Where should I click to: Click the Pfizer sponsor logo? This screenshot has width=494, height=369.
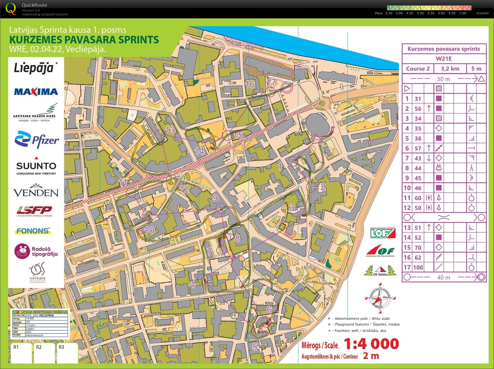36,139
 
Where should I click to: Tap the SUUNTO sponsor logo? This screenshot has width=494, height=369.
36,166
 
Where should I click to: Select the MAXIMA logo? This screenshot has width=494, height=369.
36,92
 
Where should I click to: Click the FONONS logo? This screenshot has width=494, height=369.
33,231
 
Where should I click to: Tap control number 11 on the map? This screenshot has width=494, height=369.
131,191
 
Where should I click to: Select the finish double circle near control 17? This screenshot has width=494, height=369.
287,88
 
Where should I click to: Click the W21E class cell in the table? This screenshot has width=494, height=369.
444,59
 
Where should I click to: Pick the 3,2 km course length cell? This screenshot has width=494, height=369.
450,69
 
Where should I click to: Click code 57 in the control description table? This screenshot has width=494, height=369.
418,148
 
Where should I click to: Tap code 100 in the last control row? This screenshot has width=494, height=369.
418,267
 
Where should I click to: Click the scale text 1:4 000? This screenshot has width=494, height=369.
371,344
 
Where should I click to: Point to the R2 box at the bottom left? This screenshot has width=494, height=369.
44,353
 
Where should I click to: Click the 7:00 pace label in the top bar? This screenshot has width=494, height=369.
462,13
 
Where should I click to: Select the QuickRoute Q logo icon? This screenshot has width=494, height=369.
11,9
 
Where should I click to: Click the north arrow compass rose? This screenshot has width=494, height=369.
380,298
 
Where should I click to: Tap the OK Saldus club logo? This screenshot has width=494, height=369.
380,271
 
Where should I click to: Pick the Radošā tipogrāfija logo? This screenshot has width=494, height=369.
36,251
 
